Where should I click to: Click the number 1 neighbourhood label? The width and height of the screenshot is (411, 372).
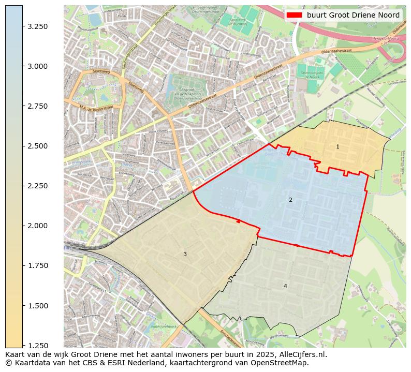coord(337,147)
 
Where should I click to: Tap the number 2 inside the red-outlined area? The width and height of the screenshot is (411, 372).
coord(290,200)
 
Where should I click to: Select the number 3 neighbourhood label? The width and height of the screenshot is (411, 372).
coord(185,254)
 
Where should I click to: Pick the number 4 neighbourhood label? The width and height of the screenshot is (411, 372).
coord(285,286)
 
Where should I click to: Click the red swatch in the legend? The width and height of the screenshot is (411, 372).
coord(294,15)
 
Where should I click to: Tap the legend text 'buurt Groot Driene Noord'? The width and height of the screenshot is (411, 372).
coord(353,15)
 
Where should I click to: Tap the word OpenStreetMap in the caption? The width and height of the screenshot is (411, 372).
coord(281,363)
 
